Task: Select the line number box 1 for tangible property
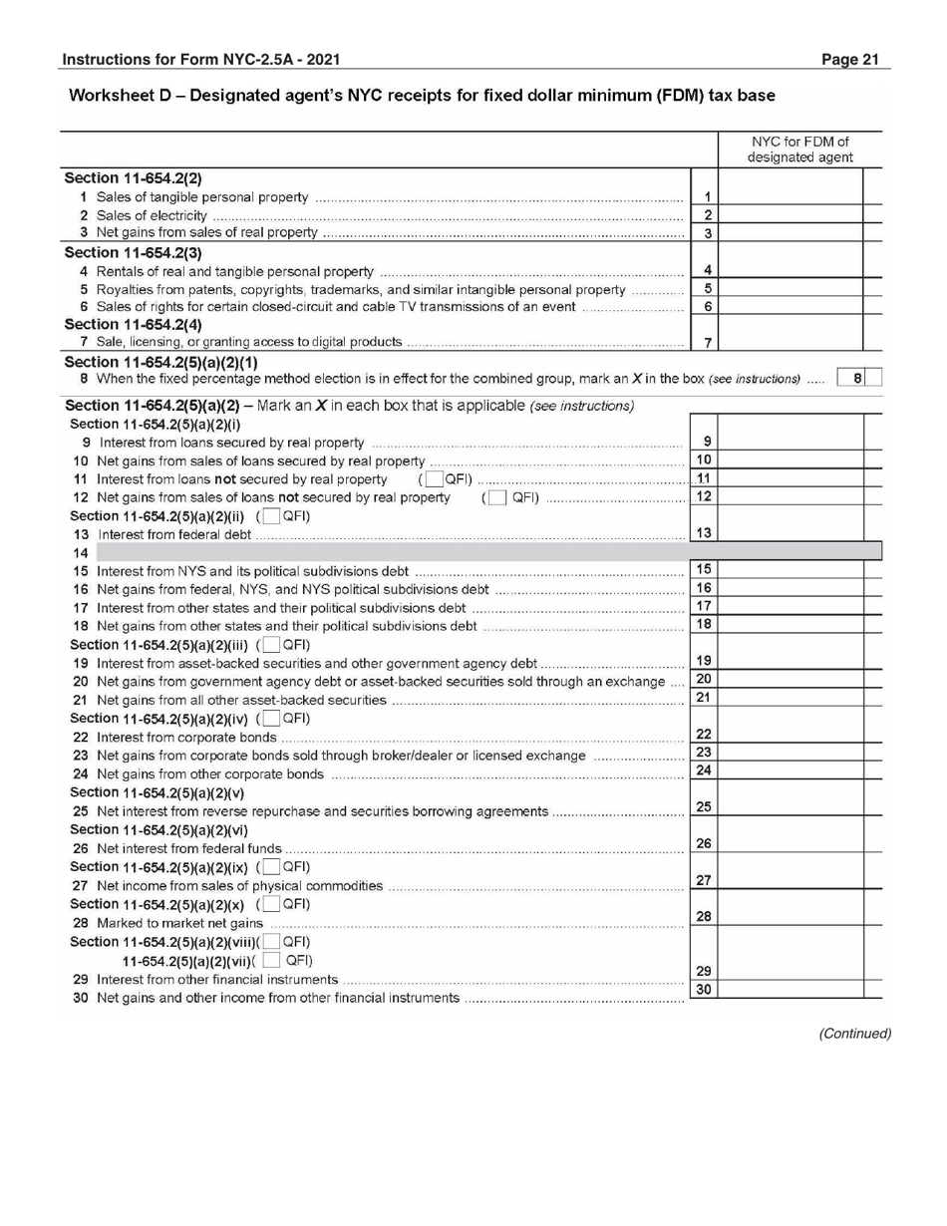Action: click(706, 197)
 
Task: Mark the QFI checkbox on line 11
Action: click(431, 478)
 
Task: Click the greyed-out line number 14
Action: click(75, 551)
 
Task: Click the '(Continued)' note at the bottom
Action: click(854, 1033)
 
